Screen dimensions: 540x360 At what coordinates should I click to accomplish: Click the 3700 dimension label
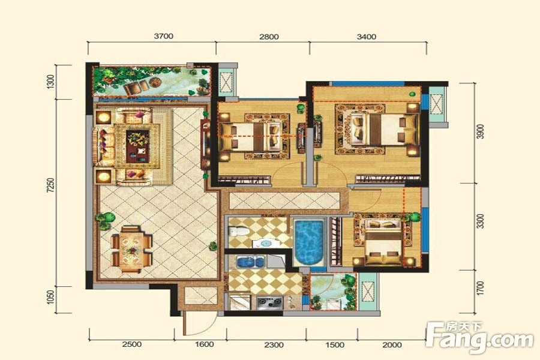coord(163,36)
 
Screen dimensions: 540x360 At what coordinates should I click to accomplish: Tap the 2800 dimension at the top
coord(269,37)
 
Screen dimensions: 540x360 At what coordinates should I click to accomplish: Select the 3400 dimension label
coord(367,37)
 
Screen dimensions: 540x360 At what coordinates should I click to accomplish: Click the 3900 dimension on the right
coord(481,131)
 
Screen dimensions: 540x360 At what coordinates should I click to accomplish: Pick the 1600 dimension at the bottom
coord(204,344)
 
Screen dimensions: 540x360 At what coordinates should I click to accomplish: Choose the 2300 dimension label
coord(274,344)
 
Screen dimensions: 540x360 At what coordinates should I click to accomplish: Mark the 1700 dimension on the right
coord(481,289)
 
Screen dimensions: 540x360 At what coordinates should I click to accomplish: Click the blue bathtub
coord(309,242)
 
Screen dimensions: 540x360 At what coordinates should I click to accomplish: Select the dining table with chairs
coord(131,249)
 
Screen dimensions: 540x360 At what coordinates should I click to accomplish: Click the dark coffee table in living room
coord(137,146)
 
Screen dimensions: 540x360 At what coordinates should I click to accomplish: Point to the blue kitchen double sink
coord(250,262)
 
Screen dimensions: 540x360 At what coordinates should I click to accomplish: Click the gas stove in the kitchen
coord(269,302)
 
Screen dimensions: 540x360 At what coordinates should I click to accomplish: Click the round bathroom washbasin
coord(266,243)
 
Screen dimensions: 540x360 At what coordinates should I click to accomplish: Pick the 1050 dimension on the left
coord(51,298)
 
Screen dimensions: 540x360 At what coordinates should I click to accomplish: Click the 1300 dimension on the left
coord(50,82)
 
